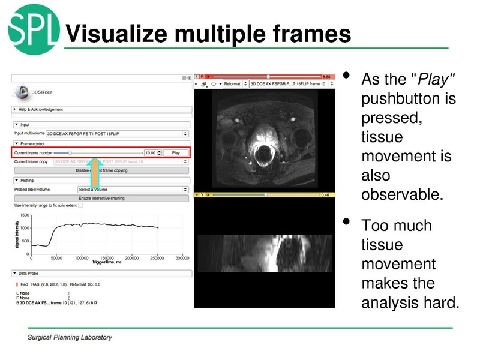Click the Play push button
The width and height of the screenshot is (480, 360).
(x=175, y=153)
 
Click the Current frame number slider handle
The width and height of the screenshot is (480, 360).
(x=70, y=153)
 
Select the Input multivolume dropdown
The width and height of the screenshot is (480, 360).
(x=118, y=133)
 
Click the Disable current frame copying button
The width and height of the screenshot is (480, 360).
(x=101, y=170)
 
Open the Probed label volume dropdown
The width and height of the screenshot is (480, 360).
(x=133, y=189)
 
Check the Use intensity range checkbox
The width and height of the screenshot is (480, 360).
(x=80, y=206)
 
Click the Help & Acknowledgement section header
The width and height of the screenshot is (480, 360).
(x=40, y=109)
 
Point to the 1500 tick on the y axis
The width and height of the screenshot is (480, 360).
(x=25, y=215)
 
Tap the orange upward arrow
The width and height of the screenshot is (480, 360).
(x=95, y=173)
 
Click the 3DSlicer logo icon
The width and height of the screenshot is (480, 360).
(x=23, y=92)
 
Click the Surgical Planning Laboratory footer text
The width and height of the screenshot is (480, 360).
(x=70, y=337)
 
